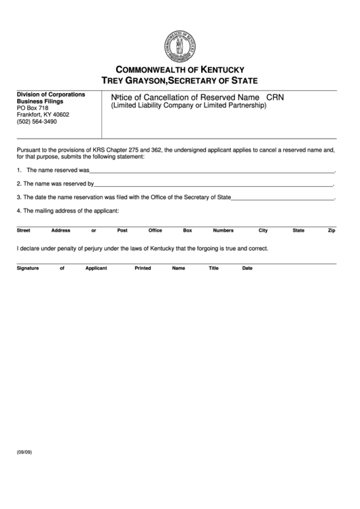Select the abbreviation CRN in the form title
pos(275,98)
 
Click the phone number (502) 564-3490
pos(37,122)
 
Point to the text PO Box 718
pos(33,107)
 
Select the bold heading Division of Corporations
pos(51,94)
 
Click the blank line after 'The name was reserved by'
pos(214,184)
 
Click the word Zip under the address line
pos(331,230)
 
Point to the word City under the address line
pos(263,230)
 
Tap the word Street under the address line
pos(23,230)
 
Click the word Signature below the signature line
pos(28,268)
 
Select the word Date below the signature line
pos(247,268)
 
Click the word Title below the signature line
pos(213,268)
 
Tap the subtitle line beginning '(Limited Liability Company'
pos(184,107)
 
